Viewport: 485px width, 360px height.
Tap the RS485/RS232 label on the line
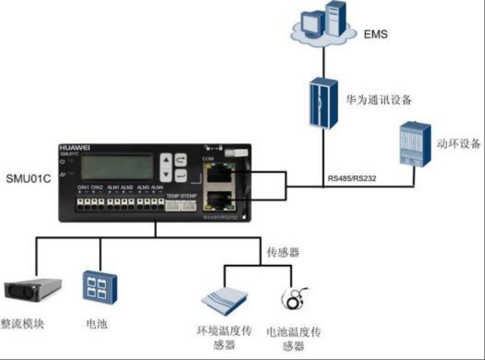[352, 179]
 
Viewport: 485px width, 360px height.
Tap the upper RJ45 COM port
[219, 174]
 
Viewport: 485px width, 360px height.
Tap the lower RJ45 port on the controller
[219, 201]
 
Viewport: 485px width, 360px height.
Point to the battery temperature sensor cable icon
[294, 298]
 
